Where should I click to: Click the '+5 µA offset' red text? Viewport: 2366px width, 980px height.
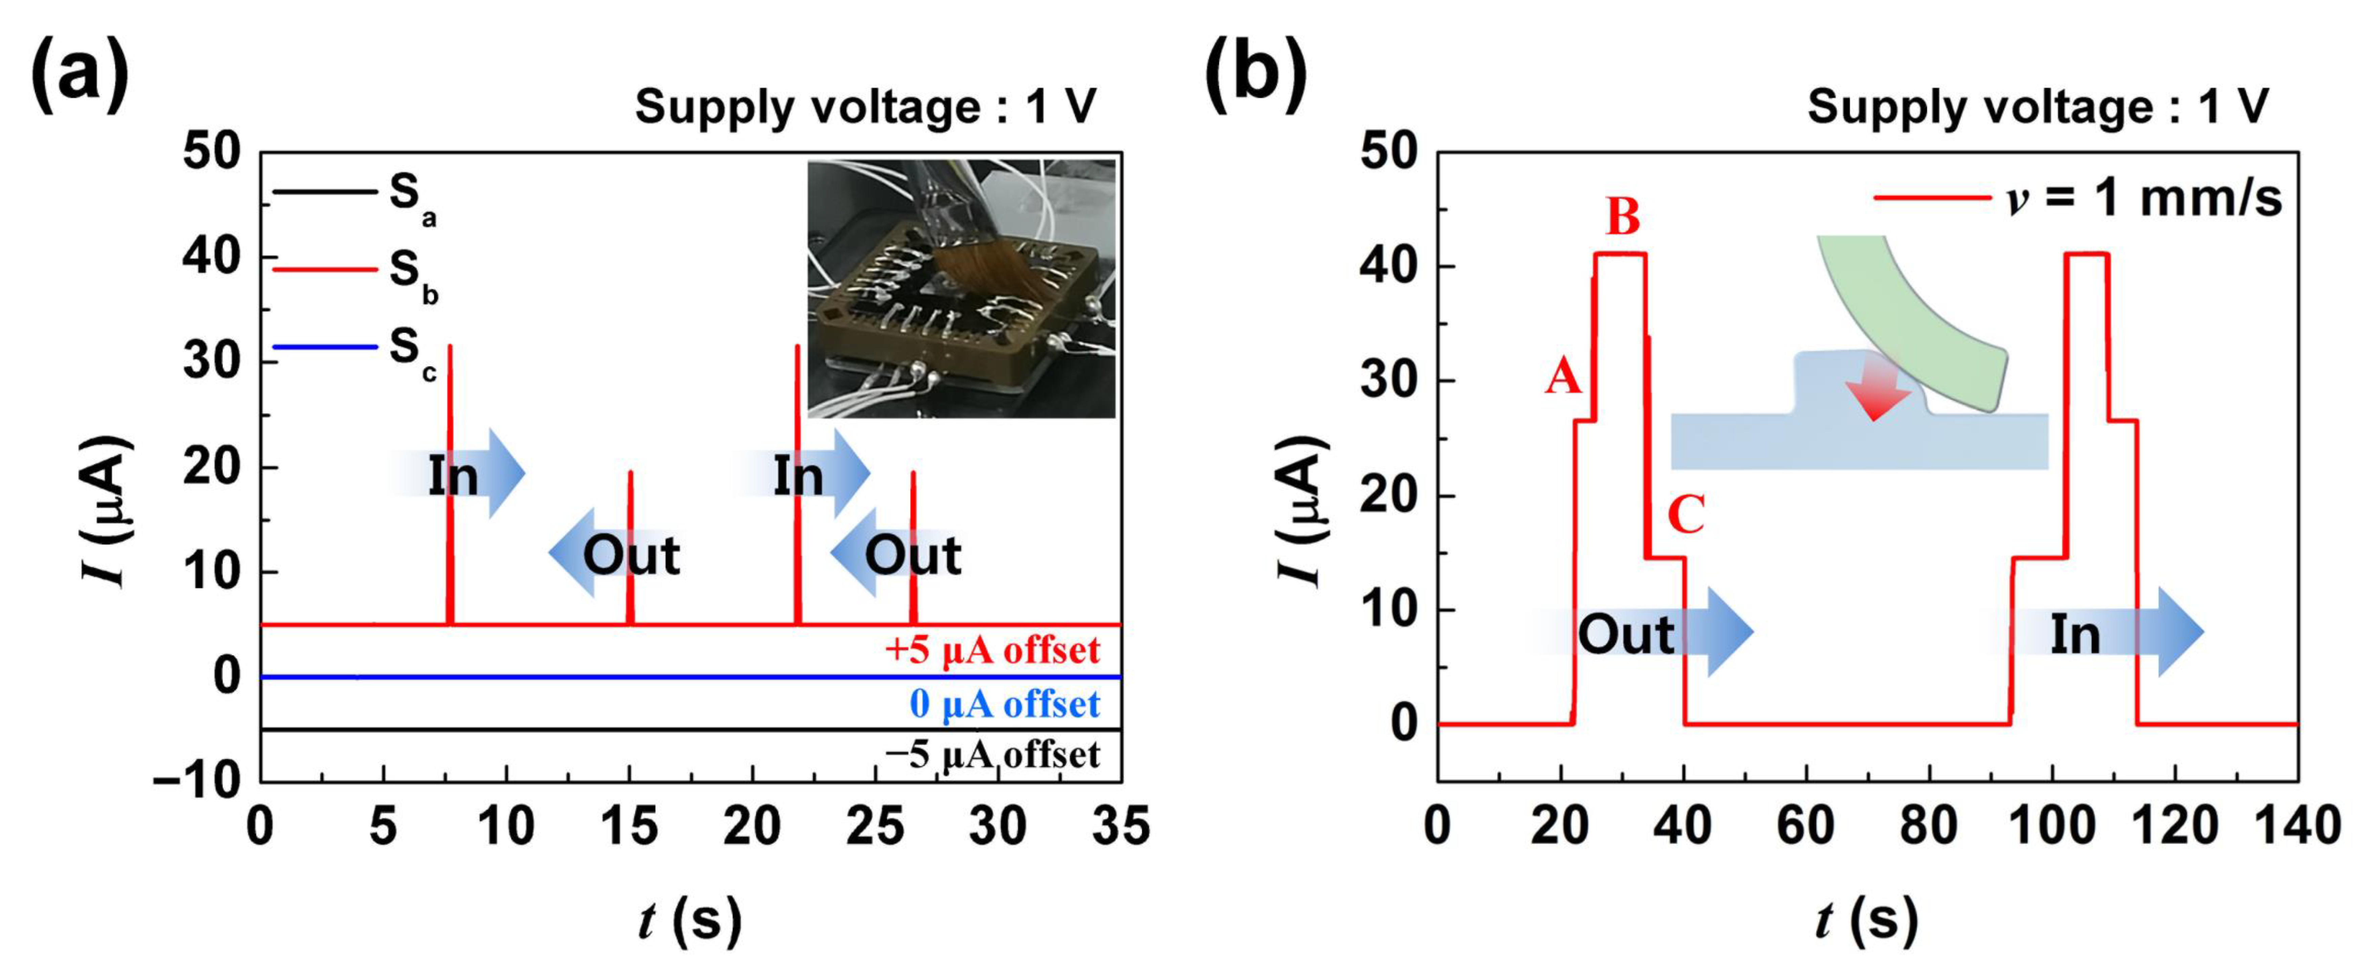click(992, 650)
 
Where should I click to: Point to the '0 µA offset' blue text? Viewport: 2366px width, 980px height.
click(1004, 704)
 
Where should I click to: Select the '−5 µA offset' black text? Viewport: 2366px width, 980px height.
click(992, 755)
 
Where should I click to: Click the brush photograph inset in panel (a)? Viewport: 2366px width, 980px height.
click(961, 288)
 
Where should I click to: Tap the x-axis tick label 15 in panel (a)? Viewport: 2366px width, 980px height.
click(629, 827)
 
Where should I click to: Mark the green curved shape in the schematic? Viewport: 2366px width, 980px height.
click(1910, 312)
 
